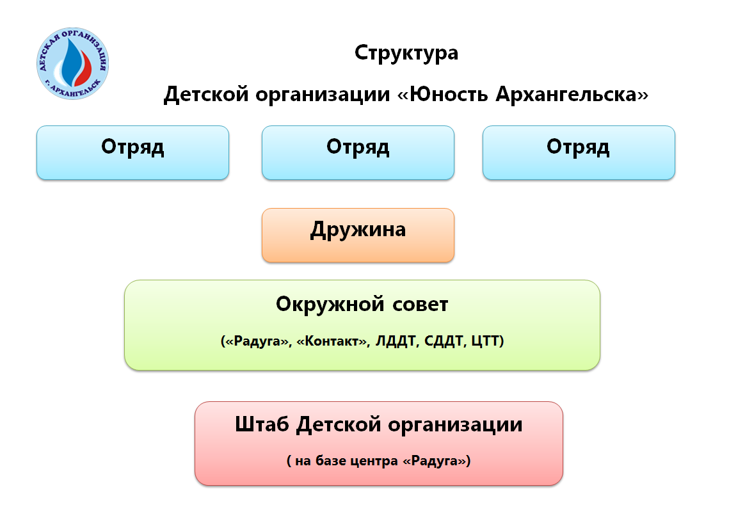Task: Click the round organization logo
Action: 73,63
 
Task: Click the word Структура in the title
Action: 406,53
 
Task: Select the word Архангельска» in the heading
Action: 572,93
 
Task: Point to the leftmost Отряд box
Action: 132,152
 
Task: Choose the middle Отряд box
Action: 358,152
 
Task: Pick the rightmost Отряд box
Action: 579,152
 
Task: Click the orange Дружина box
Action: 358,235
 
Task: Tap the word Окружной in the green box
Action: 330,304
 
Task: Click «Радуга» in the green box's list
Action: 256,341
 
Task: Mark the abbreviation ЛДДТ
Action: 396,341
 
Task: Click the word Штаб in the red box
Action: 262,424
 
